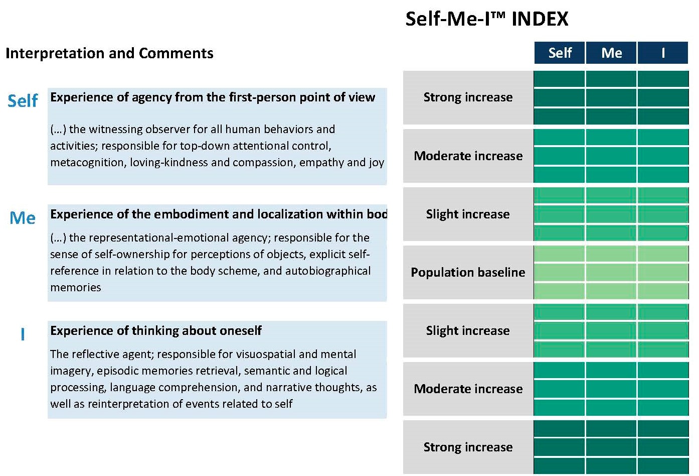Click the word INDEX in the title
point(540,19)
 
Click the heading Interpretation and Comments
point(109,53)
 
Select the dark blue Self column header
point(560,53)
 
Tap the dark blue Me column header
point(611,53)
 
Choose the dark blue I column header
point(663,53)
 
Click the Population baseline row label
point(468,272)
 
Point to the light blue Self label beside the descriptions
point(23,101)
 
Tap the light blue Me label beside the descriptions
point(23,218)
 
